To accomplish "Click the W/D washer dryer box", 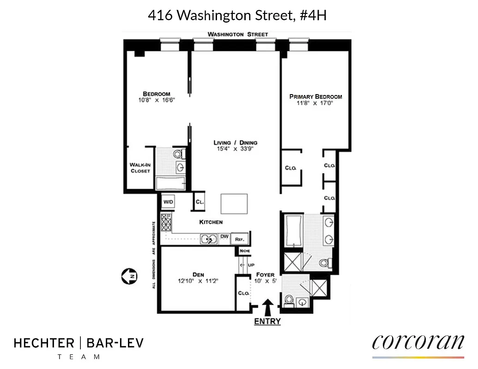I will click(167, 202).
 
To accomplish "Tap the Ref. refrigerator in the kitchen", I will click(239, 239).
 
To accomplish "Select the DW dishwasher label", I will click(224, 237).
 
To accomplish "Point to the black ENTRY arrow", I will click(267, 307).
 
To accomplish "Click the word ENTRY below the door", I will click(267, 321).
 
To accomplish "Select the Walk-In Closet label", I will click(140, 167).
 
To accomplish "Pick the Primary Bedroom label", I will click(315, 96).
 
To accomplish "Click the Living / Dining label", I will click(235, 143).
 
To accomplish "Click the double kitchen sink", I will click(210, 238).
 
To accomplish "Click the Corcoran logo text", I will click(418, 342).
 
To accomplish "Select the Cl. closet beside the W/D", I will click(200, 202).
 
